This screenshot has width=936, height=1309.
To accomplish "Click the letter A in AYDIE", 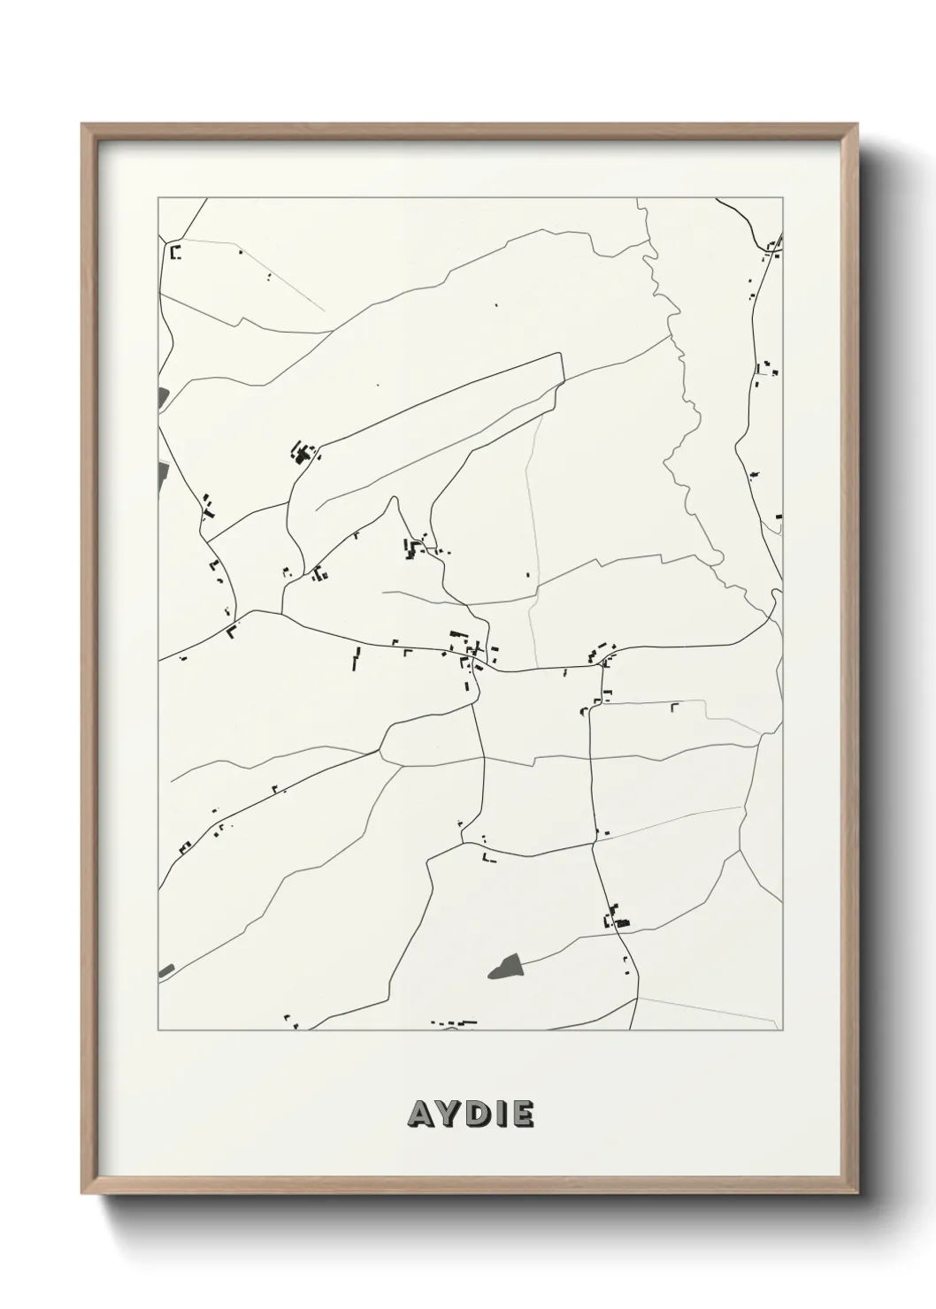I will coord(420,1114).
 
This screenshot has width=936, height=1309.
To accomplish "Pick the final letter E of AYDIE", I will coord(522,1114).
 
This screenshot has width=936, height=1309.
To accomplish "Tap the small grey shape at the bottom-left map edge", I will coord(166,971).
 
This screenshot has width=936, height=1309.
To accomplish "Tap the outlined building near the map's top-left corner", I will coord(175,253).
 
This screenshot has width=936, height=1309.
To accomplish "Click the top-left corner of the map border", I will coord(158,198).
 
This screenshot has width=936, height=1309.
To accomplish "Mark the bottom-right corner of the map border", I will coord(783,1030).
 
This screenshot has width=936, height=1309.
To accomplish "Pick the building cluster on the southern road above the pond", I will coord(615,917).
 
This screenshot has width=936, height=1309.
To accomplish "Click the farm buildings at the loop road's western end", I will coord(303,455).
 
